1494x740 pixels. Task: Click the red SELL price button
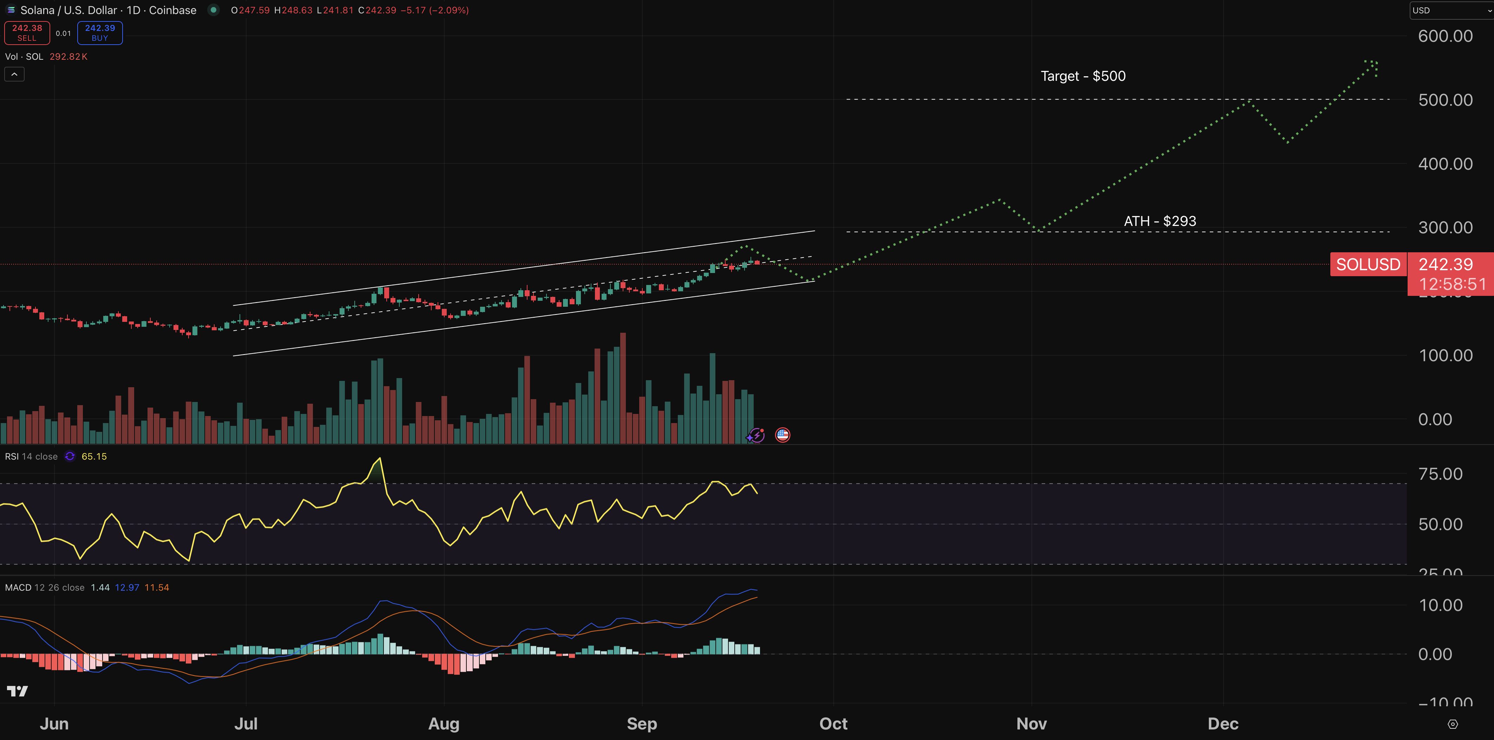click(x=27, y=32)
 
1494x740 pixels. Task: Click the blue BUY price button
click(x=100, y=32)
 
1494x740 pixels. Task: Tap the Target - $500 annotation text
click(x=1083, y=76)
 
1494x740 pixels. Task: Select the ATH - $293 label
click(x=1159, y=221)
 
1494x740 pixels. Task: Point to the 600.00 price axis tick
click(x=1445, y=36)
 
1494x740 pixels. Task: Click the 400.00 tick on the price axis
click(x=1445, y=164)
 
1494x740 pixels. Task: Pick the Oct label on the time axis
click(x=833, y=724)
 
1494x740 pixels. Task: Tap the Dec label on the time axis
click(x=1223, y=724)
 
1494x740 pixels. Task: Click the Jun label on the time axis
click(x=54, y=724)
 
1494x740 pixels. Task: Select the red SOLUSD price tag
click(x=1368, y=265)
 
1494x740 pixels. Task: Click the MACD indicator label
click(x=18, y=588)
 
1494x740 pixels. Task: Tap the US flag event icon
click(x=782, y=435)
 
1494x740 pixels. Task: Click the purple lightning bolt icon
click(x=756, y=435)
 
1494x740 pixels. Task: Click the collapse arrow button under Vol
click(x=14, y=74)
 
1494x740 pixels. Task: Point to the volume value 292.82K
click(x=68, y=56)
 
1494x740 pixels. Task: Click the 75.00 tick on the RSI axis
click(x=1440, y=474)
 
